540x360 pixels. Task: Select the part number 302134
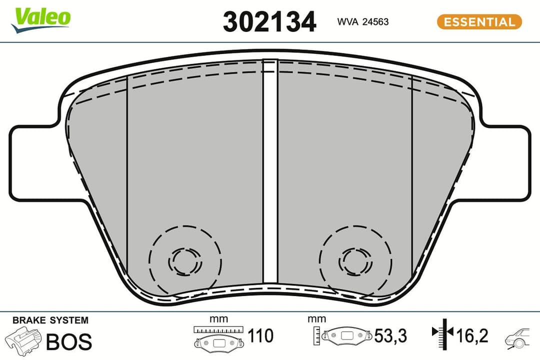[x=269, y=22]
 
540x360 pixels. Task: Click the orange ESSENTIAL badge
[x=479, y=22]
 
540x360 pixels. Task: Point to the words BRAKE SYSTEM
[x=50, y=320]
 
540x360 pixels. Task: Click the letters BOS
[x=69, y=341]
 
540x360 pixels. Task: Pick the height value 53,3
[x=390, y=336]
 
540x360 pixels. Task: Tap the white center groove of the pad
[x=270, y=170]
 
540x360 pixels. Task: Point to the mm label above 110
[x=218, y=319]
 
